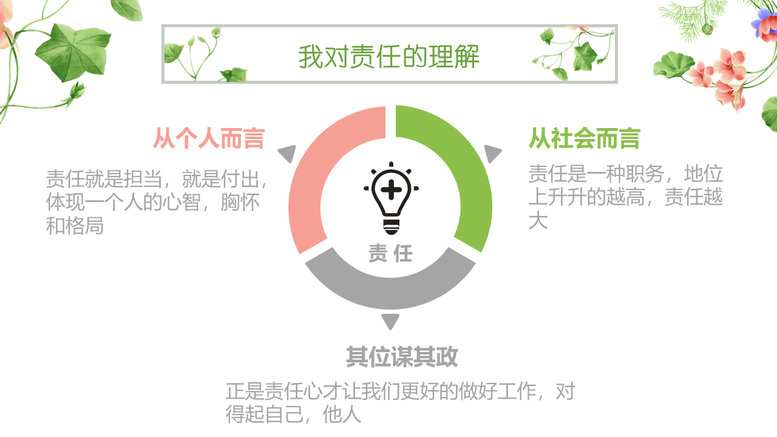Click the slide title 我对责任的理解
click(389, 56)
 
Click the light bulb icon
click(391, 198)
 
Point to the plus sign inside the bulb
click(392, 189)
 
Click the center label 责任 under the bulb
click(390, 253)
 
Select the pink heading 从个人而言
click(209, 138)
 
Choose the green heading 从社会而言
click(584, 138)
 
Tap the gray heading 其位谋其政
click(402, 356)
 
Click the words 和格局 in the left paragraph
click(75, 226)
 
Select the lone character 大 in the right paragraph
click(538, 220)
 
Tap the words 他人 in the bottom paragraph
click(342, 414)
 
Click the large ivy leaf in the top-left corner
click(73, 52)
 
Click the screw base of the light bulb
click(392, 227)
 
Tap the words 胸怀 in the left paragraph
click(240, 202)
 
